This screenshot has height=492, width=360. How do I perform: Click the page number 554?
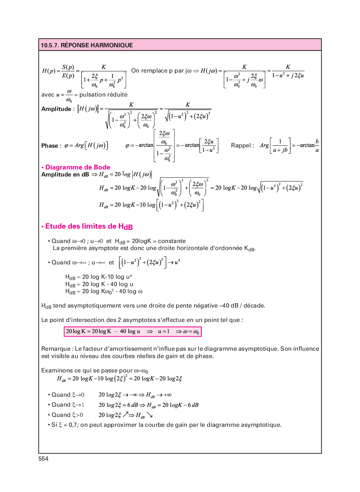[x=44, y=458]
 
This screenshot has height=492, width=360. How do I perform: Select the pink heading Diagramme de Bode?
[x=78, y=167]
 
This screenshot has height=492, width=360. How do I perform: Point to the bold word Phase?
[x=50, y=146]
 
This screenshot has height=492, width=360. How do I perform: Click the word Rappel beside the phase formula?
[x=241, y=145]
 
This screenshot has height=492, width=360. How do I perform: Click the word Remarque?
[x=56, y=349]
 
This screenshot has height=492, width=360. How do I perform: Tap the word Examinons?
[x=57, y=371]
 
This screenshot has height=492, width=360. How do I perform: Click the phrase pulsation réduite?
[x=103, y=95]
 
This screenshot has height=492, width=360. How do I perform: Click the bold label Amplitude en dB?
[x=65, y=175]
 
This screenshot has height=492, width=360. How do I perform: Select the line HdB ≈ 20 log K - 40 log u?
[x=99, y=284]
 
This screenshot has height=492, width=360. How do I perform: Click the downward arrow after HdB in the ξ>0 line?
[x=150, y=415]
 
